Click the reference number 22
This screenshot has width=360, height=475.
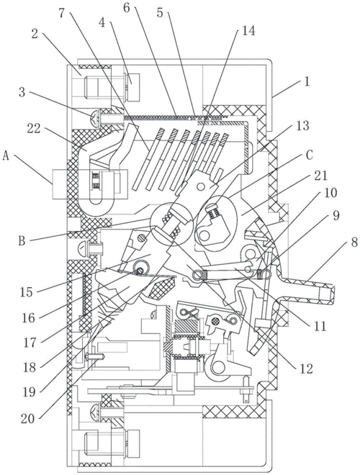pyautogui.click(x=34, y=128)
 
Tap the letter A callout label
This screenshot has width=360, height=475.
pyautogui.click(x=6, y=156)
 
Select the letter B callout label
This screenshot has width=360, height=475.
pyautogui.click(x=22, y=241)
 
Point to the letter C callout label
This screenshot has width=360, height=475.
pyautogui.click(x=309, y=155)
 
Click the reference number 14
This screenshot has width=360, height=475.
pyautogui.click(x=248, y=30)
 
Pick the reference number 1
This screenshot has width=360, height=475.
pyautogui.click(x=307, y=81)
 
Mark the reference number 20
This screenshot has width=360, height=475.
pyautogui.click(x=27, y=419)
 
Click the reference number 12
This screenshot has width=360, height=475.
pyautogui.click(x=306, y=368)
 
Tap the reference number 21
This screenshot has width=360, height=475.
pyautogui.click(x=320, y=176)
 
